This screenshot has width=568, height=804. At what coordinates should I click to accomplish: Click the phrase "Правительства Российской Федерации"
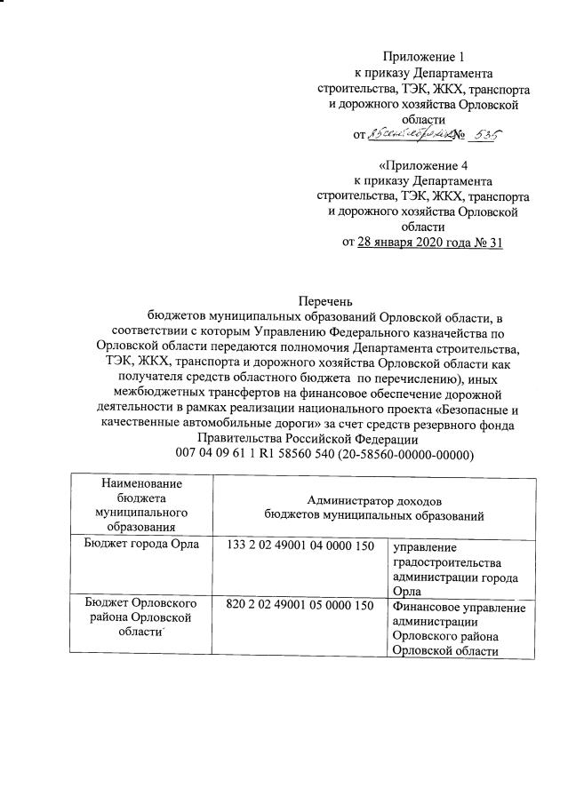tap(307, 439)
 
